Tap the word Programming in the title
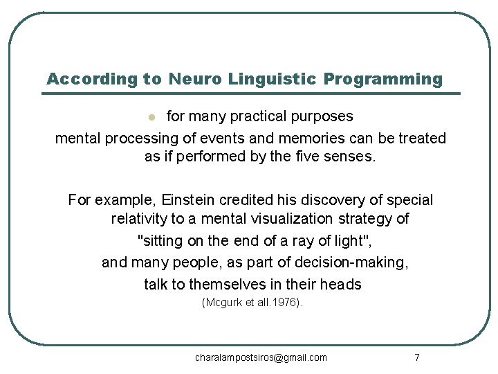click(383, 79)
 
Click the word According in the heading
click(92, 79)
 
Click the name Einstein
click(189, 200)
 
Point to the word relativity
click(143, 219)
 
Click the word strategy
click(374, 219)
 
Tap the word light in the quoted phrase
click(344, 241)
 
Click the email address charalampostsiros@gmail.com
click(261, 357)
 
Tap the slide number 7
click(416, 357)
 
